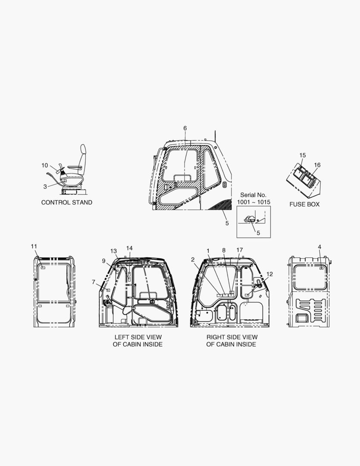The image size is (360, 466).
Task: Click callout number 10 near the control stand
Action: pos(44,165)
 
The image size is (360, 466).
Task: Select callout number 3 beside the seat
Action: pos(45,187)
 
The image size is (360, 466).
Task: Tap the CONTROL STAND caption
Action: pos(67,202)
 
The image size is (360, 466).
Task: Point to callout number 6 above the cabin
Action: pos(185,128)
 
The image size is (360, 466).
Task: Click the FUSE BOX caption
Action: pos(304,204)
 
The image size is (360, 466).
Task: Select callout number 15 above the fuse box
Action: pos(302,155)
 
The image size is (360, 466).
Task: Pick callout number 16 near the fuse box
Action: pos(317,165)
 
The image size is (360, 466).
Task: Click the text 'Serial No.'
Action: pos(254,195)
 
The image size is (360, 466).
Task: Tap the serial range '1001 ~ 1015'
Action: pos(254,202)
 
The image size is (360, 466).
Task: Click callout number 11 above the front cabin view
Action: pos(34,246)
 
